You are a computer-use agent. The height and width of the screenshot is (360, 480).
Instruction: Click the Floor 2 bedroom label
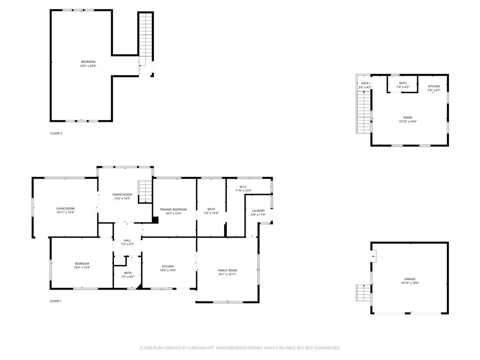pos(88,62)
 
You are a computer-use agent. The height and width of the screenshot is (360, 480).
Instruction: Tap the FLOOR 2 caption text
pos(56,133)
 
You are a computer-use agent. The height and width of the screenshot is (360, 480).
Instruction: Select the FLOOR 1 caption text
pos(56,301)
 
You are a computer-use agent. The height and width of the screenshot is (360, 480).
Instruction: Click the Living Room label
pos(65,209)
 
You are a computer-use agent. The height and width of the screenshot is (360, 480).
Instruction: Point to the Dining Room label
pos(122,195)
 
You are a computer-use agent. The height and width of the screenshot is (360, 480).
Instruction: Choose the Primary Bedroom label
pos(173,210)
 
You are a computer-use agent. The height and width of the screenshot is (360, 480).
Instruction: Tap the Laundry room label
pos(258,211)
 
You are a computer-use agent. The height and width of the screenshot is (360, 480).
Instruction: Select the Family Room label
pos(227,270)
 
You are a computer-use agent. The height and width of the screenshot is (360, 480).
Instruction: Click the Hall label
pos(127,240)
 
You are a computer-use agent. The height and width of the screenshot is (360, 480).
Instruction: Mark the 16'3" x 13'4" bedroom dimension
pos(82,268)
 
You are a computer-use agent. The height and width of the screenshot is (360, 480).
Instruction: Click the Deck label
pos(365,83)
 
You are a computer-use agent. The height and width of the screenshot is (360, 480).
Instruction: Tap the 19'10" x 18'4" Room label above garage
pos(408,118)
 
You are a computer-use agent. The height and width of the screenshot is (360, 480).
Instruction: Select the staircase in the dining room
pos(145,191)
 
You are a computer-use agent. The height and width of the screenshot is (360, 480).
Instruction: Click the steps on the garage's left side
pos(363,293)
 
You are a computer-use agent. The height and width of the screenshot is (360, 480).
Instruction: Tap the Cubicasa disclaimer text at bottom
pos(240,348)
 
